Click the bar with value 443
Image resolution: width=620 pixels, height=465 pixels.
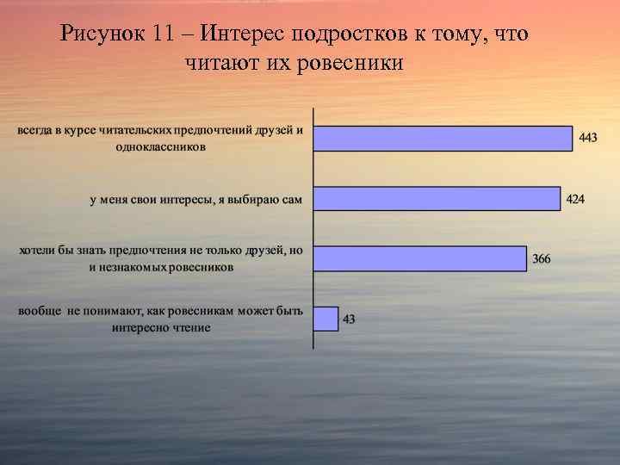pyautogui.click(x=443, y=139)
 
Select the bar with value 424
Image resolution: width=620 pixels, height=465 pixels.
pyautogui.click(x=437, y=199)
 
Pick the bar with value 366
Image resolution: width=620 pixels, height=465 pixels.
pyautogui.click(x=419, y=258)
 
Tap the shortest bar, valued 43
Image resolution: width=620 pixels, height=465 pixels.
pyautogui.click(x=325, y=319)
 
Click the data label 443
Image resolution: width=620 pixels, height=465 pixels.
pyautogui.click(x=588, y=138)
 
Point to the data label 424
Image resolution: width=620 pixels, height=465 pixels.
pyautogui.click(x=575, y=199)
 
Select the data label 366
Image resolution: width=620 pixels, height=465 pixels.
pyautogui.click(x=542, y=258)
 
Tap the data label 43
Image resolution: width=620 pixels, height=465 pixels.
pyautogui.click(x=349, y=319)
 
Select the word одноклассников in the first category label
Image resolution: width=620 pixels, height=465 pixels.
pyautogui.click(x=161, y=147)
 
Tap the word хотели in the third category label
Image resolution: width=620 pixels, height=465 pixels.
pyautogui.click(x=40, y=251)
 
